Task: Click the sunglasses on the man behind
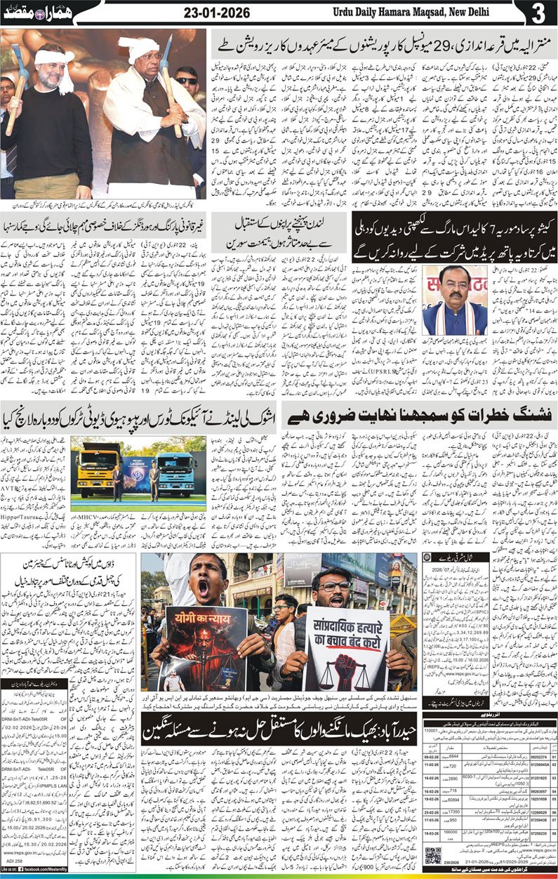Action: pos(186,81)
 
